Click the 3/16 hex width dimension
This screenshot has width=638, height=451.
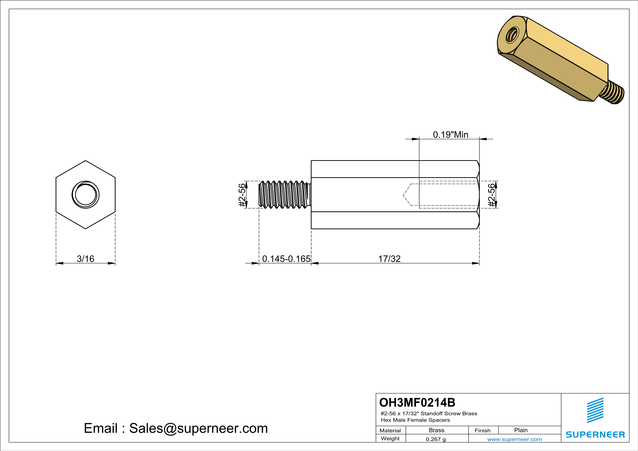[x=85, y=259]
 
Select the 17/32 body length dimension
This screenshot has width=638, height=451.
[x=389, y=259]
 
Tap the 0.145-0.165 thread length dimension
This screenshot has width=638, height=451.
[x=286, y=259]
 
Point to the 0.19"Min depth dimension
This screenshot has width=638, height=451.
[x=450, y=135]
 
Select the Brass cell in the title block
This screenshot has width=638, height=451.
[x=437, y=430]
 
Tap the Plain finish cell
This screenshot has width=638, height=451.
[x=521, y=430]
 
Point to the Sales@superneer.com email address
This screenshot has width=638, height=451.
[x=198, y=428]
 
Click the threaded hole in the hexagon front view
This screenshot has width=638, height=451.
[x=85, y=194]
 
